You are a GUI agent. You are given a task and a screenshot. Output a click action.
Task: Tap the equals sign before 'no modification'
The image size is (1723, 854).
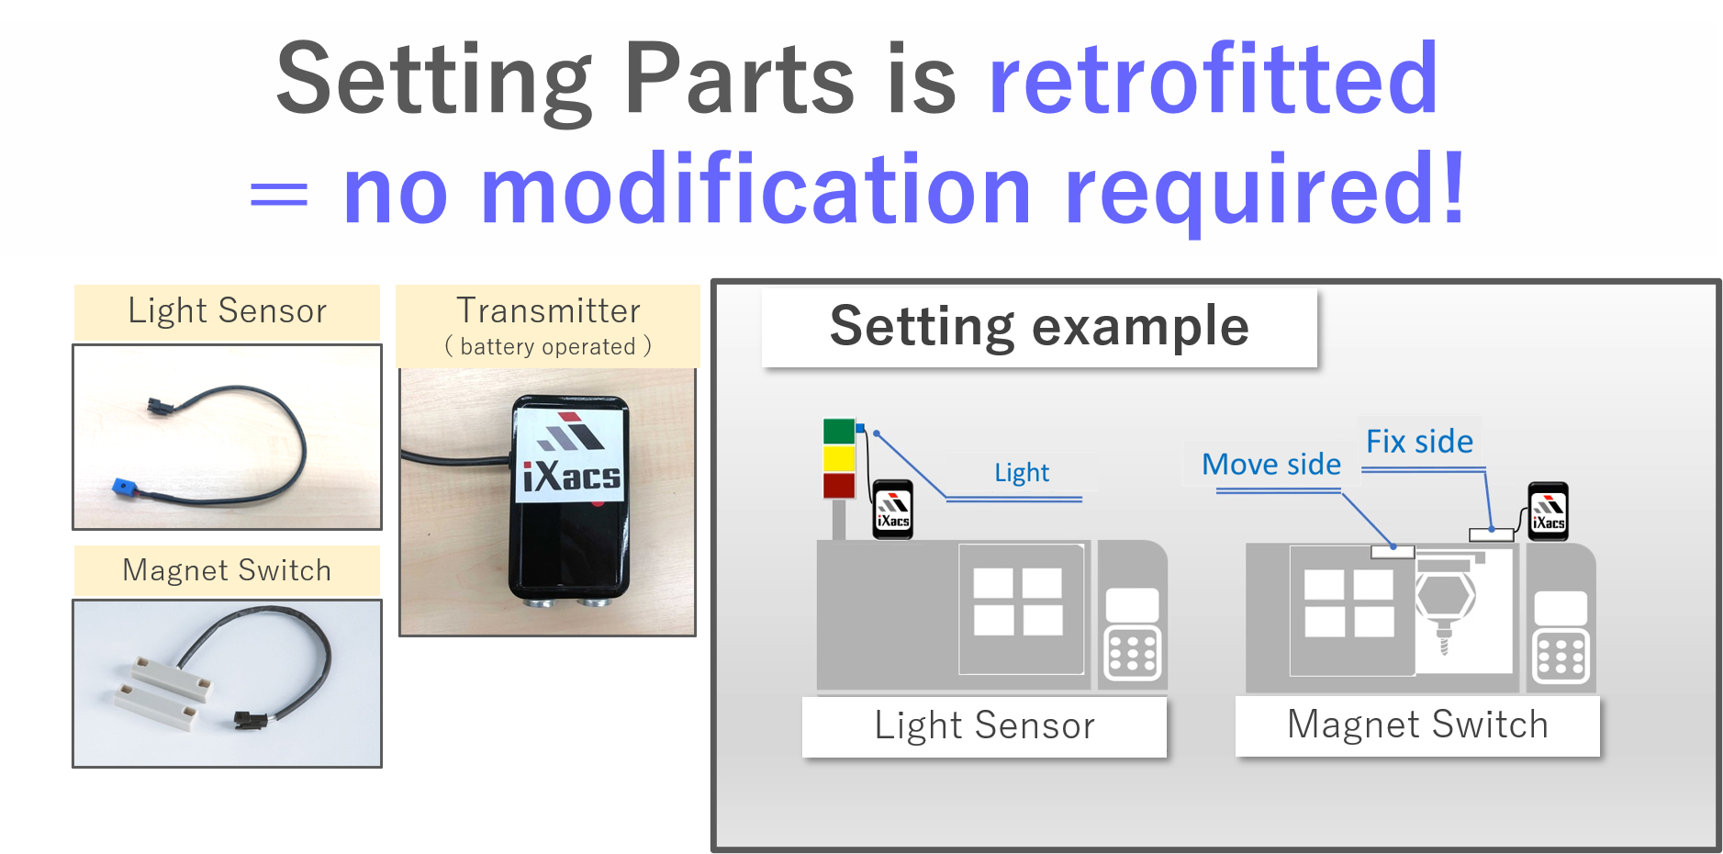coord(279,194)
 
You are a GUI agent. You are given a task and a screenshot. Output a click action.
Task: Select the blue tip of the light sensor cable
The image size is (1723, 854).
coord(122,486)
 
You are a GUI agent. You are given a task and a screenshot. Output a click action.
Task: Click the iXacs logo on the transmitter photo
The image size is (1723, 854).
coord(571,455)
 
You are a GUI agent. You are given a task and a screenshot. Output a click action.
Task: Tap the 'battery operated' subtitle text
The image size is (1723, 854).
coord(548,347)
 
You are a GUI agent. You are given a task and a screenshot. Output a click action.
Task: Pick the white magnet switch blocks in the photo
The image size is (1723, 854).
coord(162,692)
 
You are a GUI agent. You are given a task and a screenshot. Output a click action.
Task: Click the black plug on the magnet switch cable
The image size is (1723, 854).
coord(249,719)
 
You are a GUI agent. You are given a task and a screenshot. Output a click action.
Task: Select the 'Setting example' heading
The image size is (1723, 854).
coord(1039,327)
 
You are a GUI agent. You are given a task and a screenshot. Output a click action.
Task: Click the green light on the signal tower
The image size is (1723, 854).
coord(839,431)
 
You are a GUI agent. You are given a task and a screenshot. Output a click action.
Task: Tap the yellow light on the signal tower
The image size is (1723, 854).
coord(839,458)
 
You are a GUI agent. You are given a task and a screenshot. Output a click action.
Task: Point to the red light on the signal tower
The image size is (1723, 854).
coord(839,486)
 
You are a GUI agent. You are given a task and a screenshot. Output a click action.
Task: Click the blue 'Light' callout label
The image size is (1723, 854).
coord(1022,472)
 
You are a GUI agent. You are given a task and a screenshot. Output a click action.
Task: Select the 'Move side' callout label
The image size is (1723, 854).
coord(1271,465)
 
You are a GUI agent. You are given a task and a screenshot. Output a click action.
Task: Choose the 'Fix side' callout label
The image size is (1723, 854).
coord(1419,442)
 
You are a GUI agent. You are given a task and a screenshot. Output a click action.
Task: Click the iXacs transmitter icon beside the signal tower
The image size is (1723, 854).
coord(892,509)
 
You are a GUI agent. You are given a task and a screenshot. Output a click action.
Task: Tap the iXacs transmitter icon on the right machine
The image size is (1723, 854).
coord(1548,511)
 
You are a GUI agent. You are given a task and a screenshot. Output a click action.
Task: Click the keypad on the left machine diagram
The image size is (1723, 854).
coord(1133,654)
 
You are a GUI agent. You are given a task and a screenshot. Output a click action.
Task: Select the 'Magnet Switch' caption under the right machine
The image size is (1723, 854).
coord(1417,725)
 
